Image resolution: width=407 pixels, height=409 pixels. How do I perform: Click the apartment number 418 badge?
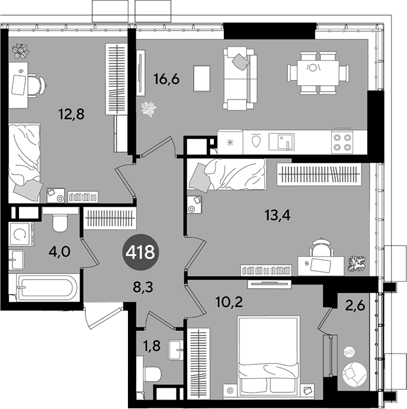(x=140, y=253)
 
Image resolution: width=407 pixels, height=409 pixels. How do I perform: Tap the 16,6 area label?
(x=167, y=79)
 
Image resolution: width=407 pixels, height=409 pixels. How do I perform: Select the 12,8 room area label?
(x=72, y=114)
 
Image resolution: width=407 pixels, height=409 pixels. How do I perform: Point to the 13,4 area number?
(x=277, y=215)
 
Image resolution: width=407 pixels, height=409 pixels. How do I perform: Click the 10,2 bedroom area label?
(x=229, y=302)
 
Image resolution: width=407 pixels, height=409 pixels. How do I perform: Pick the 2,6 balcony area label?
(x=355, y=305)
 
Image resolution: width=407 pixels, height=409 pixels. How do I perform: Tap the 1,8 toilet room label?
(x=152, y=346)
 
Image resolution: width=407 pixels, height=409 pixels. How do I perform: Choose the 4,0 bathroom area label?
(x=59, y=252)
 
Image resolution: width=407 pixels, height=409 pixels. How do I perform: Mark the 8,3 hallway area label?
(x=143, y=287)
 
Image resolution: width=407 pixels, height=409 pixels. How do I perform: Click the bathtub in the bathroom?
(x=47, y=288)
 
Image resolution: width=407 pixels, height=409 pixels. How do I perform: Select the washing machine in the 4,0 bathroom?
(x=22, y=234)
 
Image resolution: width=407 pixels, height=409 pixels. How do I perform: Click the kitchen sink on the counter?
(x=281, y=141)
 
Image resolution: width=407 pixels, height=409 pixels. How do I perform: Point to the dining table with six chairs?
(x=318, y=73)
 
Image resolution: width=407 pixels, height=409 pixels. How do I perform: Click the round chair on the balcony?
(x=354, y=374)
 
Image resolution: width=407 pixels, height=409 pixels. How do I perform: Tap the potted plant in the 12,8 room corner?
(x=21, y=51)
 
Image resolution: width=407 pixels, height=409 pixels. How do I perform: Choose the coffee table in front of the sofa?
(x=202, y=79)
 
